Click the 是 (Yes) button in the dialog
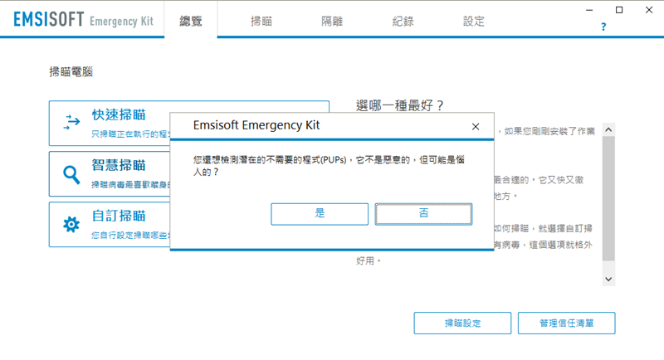click(x=320, y=214)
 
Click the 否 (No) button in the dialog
click(x=424, y=214)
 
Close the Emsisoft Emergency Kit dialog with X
click(x=476, y=127)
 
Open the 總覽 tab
click(x=191, y=22)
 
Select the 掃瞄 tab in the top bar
click(x=261, y=22)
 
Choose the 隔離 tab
click(x=332, y=22)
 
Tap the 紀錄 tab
click(x=403, y=22)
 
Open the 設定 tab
click(x=474, y=22)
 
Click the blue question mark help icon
click(x=603, y=27)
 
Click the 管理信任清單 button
click(x=566, y=323)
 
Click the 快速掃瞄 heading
click(x=119, y=114)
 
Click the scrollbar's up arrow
click(x=608, y=129)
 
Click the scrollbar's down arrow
click(x=608, y=280)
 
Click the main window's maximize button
click(x=619, y=10)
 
